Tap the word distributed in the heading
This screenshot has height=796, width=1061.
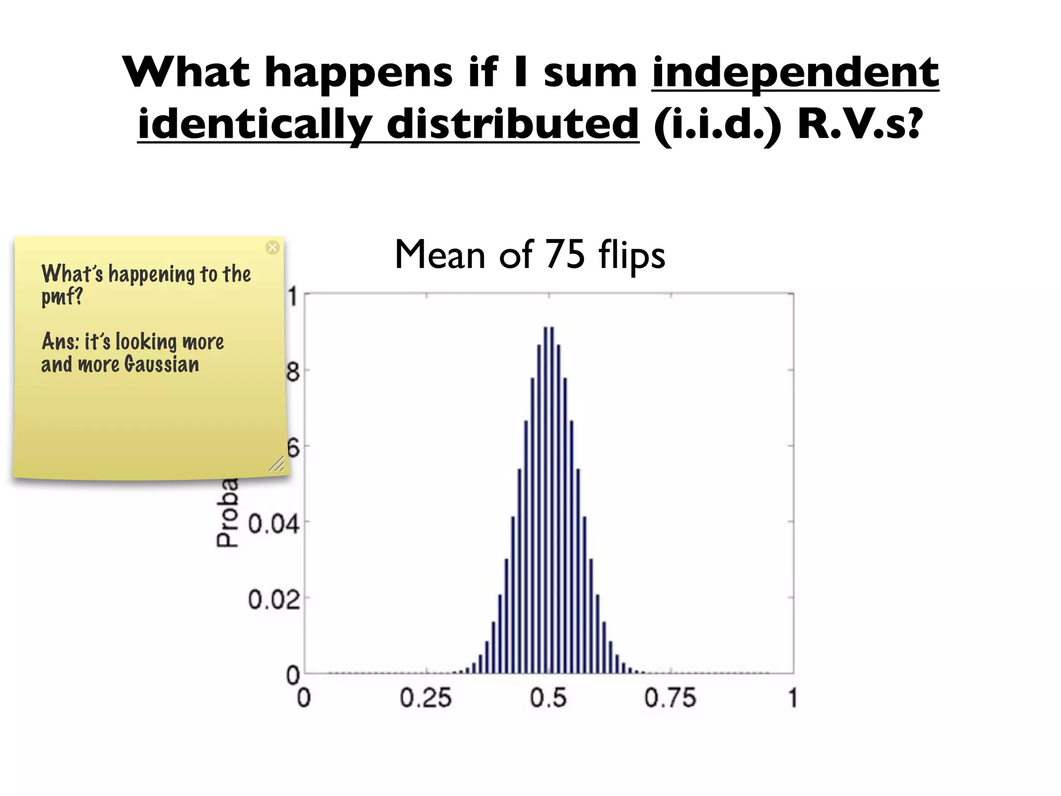[x=512, y=124]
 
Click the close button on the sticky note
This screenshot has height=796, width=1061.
[x=273, y=247]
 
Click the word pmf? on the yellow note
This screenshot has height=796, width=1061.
[x=62, y=297]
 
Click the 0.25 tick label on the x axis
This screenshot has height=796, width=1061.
[x=426, y=698]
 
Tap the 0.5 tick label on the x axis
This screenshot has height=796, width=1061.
[x=549, y=698]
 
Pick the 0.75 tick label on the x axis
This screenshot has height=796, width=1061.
[x=670, y=698]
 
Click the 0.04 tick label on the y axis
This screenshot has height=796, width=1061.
[x=274, y=524]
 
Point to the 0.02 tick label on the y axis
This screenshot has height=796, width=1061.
[x=274, y=600]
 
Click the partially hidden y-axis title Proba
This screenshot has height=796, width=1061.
[x=227, y=513]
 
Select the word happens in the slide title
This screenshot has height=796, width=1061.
[x=359, y=73]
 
